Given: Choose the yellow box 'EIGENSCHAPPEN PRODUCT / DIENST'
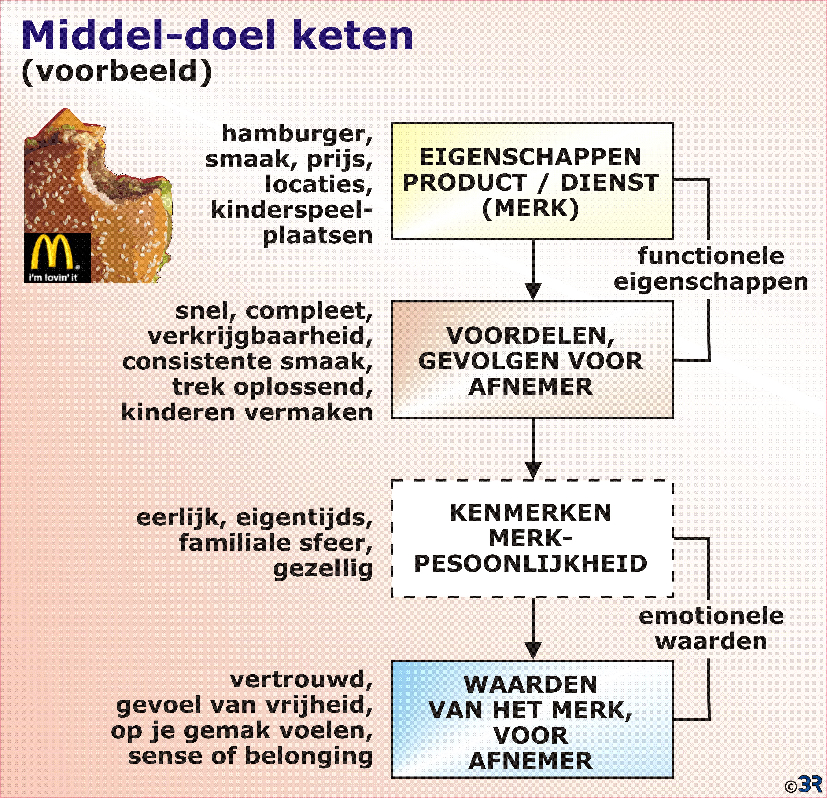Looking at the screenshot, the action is (532, 181).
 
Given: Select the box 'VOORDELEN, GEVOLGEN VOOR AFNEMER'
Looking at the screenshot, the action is (532, 360).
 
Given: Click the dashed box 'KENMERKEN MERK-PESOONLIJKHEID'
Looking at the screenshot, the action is (532, 539).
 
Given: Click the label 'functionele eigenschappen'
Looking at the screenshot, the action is (711, 269).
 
